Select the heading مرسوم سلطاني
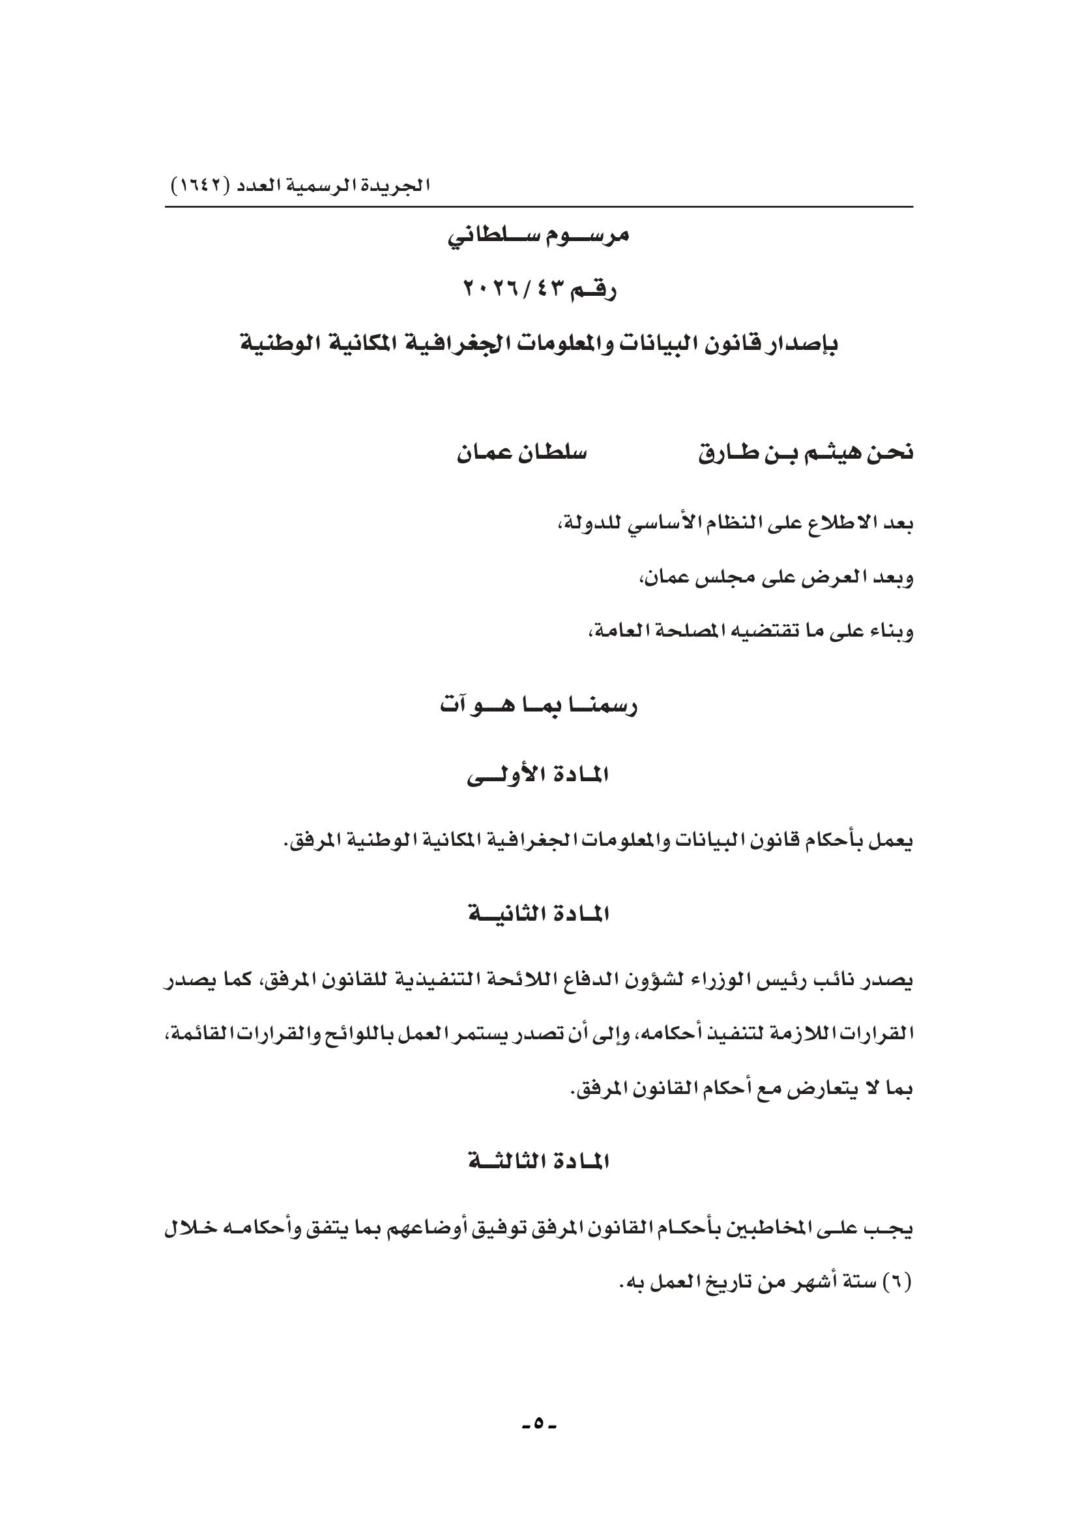point(538,236)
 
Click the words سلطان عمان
point(522,453)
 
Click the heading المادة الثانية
point(538,915)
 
